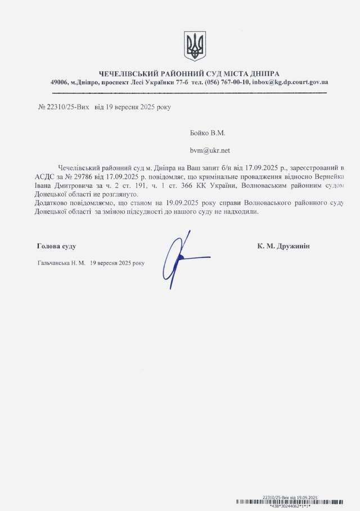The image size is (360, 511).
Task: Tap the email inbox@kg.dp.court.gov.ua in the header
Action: point(290,82)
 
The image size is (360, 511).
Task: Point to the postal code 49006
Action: point(59,82)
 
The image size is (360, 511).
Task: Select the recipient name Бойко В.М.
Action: point(208,133)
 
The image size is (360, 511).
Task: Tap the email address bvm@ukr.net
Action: point(210,151)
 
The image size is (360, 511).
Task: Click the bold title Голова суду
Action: point(56,246)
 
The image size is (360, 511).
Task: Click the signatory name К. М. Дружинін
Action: point(283,246)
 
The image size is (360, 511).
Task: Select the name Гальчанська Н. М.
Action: point(61,263)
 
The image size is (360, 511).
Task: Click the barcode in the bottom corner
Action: point(290,502)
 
